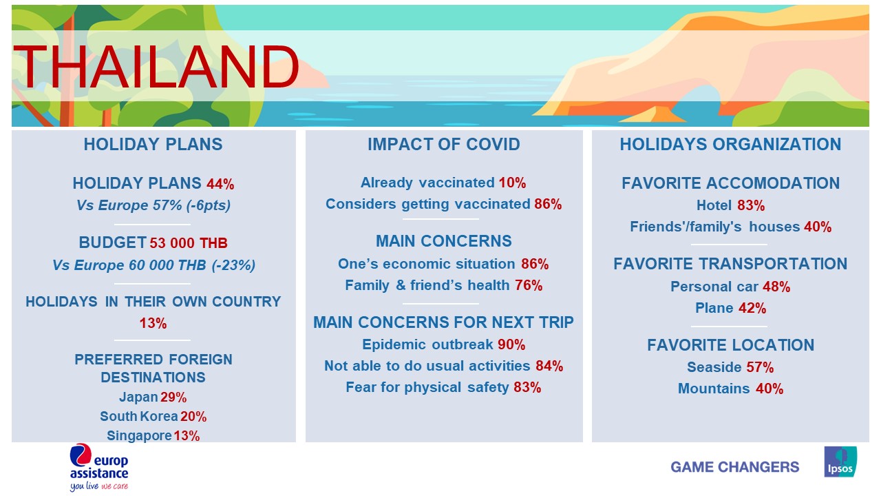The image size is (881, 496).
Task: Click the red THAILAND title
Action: [156, 67]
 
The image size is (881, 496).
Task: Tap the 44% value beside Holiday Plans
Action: [220, 184]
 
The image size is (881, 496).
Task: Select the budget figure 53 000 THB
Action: [189, 243]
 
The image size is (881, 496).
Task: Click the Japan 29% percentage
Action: [173, 397]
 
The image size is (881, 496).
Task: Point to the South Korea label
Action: [139, 417]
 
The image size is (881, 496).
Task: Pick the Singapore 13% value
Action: [187, 436]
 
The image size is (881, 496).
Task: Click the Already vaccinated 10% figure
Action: [512, 183]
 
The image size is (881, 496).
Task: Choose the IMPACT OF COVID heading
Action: [444, 145]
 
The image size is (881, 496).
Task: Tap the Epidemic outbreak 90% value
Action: [511, 345]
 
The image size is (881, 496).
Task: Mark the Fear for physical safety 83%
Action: [527, 387]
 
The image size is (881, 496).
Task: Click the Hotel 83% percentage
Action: [751, 205]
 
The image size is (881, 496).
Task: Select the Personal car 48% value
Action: [776, 287]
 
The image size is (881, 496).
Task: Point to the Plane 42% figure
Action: [752, 308]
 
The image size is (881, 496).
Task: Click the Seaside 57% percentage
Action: [760, 367]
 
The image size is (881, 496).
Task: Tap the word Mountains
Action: [714, 389]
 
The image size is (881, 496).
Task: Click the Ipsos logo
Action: [840, 462]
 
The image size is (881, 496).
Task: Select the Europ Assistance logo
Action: [99, 467]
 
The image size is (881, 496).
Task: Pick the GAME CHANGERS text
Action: [734, 467]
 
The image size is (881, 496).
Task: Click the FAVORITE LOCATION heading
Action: [730, 345]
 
